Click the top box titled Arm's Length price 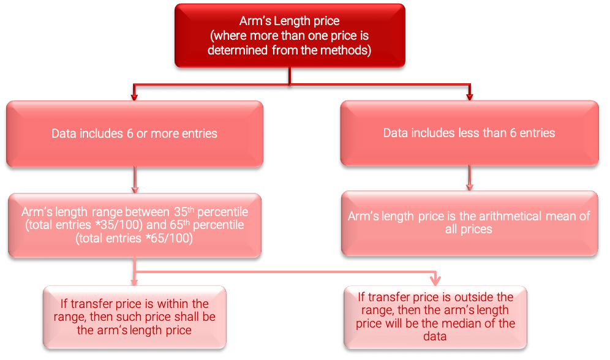click(290, 36)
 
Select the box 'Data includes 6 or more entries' click(134, 133)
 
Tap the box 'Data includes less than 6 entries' click(469, 133)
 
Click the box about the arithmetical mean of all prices click(469, 222)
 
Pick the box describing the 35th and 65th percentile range click(134, 225)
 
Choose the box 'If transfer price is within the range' click(134, 317)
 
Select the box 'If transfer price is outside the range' click(436, 316)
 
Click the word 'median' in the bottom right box click(471, 323)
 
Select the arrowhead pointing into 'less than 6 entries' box click(470, 95)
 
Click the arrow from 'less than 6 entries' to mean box click(470, 181)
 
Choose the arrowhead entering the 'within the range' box click(134, 281)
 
